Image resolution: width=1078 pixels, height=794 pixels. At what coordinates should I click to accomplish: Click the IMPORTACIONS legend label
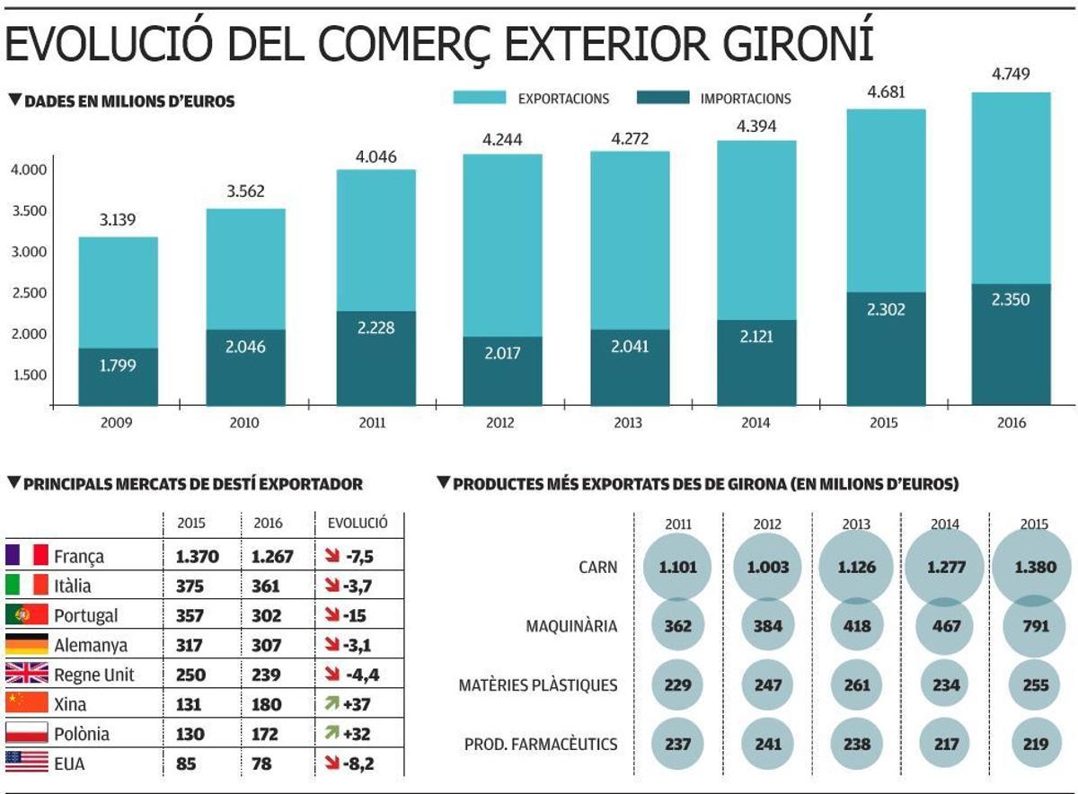tap(745, 99)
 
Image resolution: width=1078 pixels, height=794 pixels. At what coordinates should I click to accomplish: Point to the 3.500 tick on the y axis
tap(30, 211)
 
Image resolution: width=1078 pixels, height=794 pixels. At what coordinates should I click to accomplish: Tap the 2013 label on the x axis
tap(628, 422)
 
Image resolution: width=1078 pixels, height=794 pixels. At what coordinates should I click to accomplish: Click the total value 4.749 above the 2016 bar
tap(1011, 74)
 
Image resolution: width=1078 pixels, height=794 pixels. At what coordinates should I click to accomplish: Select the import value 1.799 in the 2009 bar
tap(119, 366)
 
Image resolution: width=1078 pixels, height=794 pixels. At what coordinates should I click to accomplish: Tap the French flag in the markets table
tap(26, 556)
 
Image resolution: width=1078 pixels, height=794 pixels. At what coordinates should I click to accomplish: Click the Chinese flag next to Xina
tap(26, 703)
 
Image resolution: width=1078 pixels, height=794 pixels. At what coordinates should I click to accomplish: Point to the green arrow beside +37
tap(331, 704)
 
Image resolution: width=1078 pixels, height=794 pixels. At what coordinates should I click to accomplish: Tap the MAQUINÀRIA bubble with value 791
tap(1034, 626)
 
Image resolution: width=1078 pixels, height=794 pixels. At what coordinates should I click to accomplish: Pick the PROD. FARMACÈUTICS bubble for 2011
tap(677, 744)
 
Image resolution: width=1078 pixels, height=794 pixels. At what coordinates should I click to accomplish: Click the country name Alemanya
tap(91, 645)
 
